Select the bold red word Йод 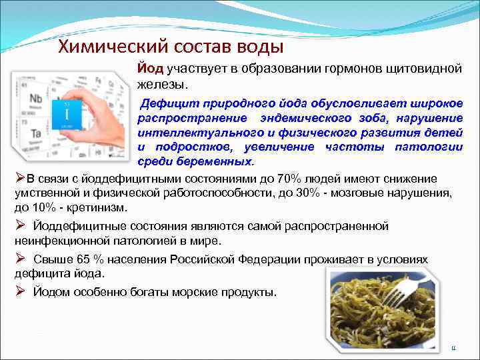151,69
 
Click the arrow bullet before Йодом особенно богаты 20,291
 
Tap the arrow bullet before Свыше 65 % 20,258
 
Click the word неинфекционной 55,240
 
